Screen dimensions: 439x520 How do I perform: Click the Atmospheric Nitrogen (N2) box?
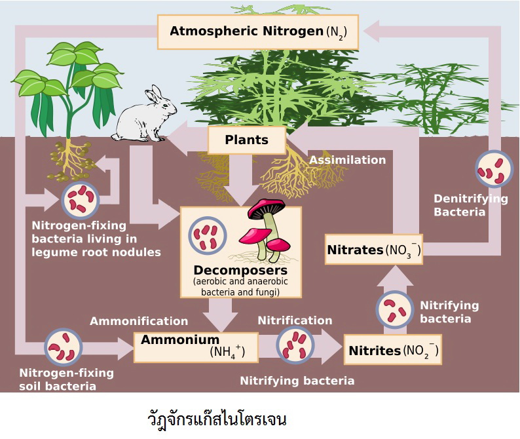[x=258, y=31]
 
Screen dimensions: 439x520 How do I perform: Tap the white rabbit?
[x=145, y=117]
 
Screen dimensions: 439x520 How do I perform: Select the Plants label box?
[x=246, y=140]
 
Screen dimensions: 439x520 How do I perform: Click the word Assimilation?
[x=347, y=160]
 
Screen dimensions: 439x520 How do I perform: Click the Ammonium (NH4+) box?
[x=195, y=346]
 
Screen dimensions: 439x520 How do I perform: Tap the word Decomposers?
[x=240, y=270]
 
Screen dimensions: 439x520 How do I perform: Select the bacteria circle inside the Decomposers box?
[x=208, y=234]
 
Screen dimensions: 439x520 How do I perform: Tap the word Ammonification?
[x=139, y=321]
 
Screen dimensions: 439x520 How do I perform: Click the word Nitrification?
[x=295, y=320]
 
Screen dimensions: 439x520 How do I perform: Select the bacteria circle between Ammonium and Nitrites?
[x=295, y=345]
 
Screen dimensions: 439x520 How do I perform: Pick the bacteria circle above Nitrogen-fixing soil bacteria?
[x=63, y=347]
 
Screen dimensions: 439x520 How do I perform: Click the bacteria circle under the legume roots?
[x=80, y=199]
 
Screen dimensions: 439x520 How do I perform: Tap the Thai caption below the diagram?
[x=217, y=418]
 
